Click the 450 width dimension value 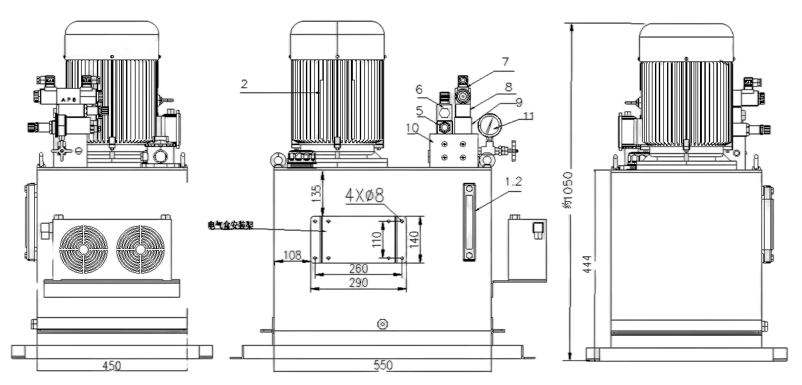[111, 365]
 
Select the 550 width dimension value [383, 365]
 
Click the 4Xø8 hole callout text [364, 196]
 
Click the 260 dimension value [359, 268]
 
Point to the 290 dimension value [359, 283]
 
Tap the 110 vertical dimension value [377, 239]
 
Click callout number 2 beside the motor [245, 83]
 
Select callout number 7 [505, 61]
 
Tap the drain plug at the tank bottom [382, 324]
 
